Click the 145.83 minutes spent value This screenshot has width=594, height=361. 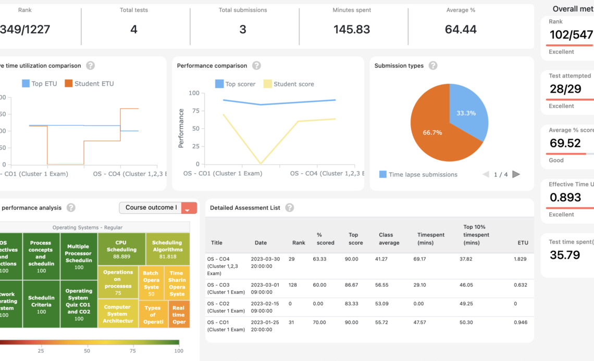coord(352,30)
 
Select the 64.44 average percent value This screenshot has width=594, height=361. coord(461,30)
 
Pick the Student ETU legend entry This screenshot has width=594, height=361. coord(89,83)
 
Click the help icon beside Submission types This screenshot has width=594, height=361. coord(433,66)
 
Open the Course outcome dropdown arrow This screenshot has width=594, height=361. coord(189,208)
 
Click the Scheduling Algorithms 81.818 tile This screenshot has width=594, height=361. coord(167,249)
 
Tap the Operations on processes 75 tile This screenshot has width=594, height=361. coord(118,282)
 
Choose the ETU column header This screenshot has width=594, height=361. coord(523,242)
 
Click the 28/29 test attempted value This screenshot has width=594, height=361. coord(565,89)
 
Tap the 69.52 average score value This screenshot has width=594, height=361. coord(565,143)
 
